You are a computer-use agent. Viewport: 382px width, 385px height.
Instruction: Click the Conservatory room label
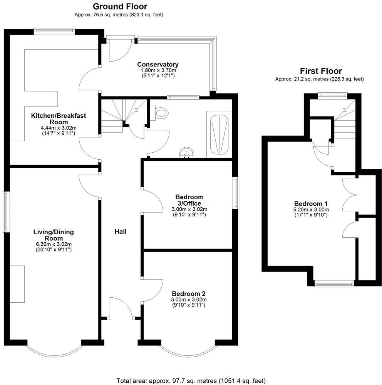[x=158, y=65]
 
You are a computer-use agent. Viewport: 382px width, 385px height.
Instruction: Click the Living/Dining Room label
[x=53, y=235]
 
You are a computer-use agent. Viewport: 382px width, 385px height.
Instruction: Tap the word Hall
[x=121, y=232]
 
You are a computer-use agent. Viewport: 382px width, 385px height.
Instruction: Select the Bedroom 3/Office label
[x=189, y=200]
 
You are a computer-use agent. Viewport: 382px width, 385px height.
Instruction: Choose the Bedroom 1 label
[x=311, y=203]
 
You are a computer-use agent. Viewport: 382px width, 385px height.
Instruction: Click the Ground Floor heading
[x=120, y=7]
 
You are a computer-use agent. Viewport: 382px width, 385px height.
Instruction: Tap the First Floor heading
[x=321, y=71]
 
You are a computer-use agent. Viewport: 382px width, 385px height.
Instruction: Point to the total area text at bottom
[x=191, y=381]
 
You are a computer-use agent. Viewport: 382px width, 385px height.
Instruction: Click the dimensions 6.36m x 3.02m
[x=53, y=244]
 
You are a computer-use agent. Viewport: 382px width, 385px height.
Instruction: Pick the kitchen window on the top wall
[x=54, y=31]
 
